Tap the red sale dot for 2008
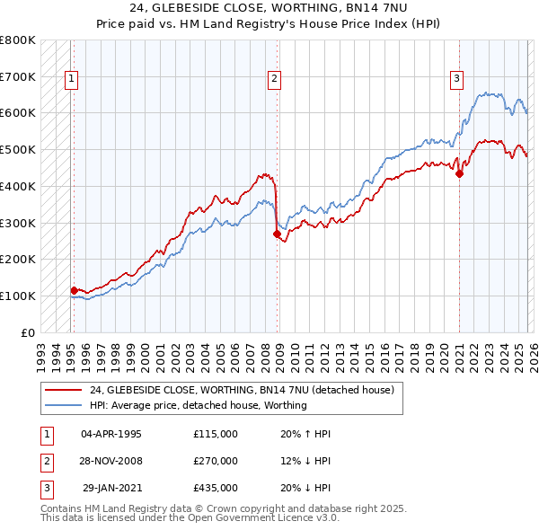tap(277, 234)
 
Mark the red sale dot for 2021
tap(459, 173)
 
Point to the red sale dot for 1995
tap(74, 290)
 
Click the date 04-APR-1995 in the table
tap(111, 434)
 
